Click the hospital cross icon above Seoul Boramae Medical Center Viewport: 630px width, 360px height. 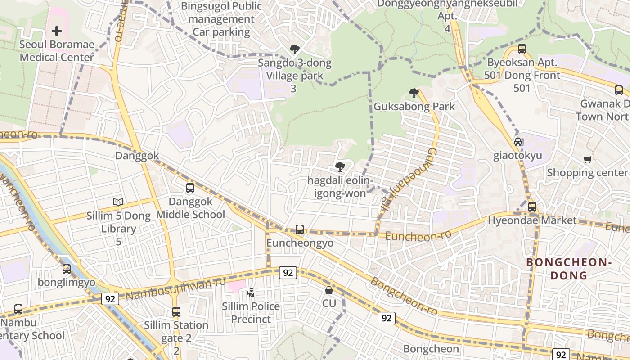tap(57, 31)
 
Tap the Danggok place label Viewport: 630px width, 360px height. tap(137, 156)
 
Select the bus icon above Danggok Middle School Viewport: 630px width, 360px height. tap(190, 188)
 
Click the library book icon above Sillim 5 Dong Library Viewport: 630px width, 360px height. tap(118, 202)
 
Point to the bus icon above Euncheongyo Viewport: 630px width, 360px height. tap(300, 229)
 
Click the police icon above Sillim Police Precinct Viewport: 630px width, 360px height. tap(251, 293)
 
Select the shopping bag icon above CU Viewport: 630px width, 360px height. tap(329, 290)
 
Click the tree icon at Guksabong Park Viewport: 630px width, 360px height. tap(414, 93)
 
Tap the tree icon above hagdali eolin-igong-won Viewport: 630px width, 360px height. tap(340, 167)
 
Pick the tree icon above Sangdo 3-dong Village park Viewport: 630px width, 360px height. tap(294, 49)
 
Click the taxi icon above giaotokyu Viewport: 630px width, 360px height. tap(518, 142)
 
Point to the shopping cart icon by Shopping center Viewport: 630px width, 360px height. tap(587, 159)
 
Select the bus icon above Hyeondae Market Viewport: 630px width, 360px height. tap(532, 207)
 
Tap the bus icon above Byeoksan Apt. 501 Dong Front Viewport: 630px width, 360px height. tap(522, 49)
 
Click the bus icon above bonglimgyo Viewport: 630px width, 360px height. tap(67, 269)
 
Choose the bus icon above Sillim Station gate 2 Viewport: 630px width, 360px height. tap(176, 311)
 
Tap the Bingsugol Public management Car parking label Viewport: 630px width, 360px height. tap(221, 19)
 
